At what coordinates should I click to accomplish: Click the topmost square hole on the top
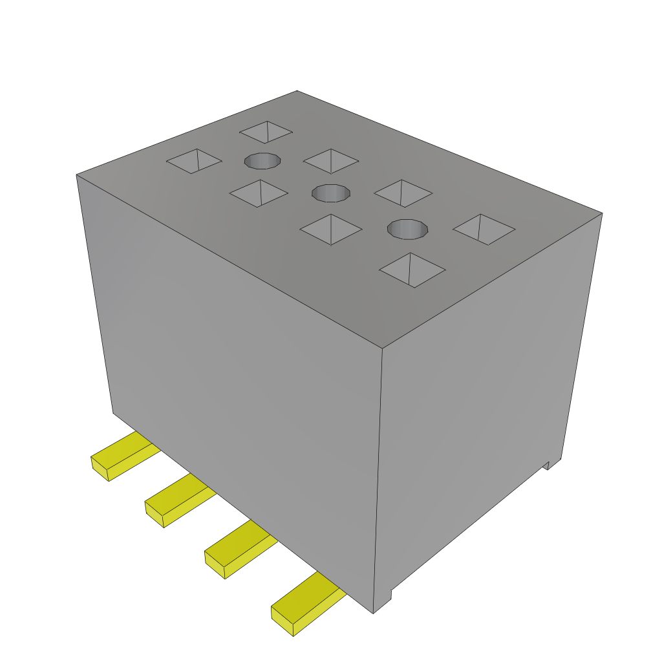(266, 132)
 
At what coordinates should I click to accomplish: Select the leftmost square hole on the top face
(194, 161)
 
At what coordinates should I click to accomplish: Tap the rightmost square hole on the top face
(484, 229)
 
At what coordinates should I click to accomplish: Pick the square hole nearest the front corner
(412, 269)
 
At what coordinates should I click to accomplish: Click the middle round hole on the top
(331, 192)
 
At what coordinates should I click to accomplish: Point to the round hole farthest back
(262, 160)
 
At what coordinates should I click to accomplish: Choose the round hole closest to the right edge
(408, 228)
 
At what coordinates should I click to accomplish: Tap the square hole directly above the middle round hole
(331, 160)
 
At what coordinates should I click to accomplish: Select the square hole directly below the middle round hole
(330, 230)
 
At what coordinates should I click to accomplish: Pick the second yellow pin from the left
(179, 502)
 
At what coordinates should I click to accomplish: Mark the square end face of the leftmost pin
(100, 469)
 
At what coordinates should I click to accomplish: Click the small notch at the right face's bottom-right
(547, 465)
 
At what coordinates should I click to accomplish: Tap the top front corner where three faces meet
(382, 349)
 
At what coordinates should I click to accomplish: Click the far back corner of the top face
(297, 91)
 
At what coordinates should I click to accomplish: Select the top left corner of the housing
(77, 175)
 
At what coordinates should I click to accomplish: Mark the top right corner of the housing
(602, 213)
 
